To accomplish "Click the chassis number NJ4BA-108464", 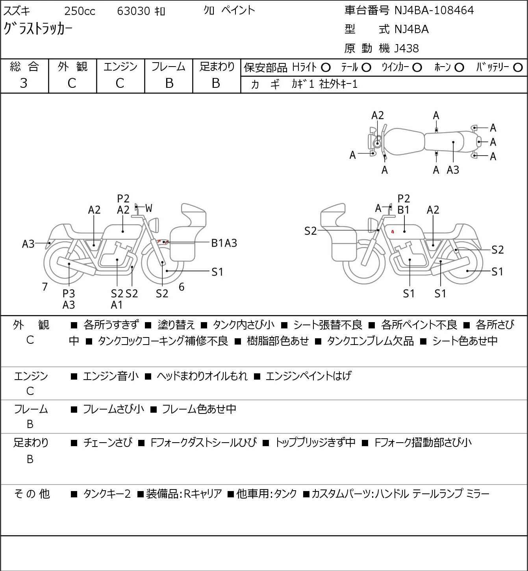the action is (434, 11).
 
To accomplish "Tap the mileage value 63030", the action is (133, 11).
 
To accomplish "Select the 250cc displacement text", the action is (80, 11).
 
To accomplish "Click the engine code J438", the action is (407, 48).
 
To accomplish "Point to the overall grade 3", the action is (24, 83).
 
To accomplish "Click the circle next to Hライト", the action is (326, 68).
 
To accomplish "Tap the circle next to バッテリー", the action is (518, 68).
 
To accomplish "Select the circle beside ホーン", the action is (459, 68).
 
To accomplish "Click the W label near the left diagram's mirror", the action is (148, 208).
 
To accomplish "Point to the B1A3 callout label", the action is (224, 243).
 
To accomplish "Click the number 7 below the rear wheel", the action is (44, 287).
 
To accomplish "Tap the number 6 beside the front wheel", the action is (182, 287).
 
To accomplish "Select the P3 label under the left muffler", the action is (69, 293).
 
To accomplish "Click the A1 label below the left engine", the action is (117, 305).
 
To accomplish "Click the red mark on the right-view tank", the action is (393, 231).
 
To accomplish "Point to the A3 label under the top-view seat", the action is (453, 170).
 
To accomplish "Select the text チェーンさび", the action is (108, 442).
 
